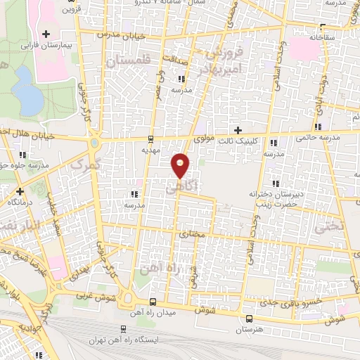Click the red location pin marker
tap(181, 165)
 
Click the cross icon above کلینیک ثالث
tap(238, 130)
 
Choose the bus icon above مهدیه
tap(152, 138)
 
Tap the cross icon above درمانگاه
tap(20, 191)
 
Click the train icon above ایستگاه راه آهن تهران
tap(124, 329)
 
